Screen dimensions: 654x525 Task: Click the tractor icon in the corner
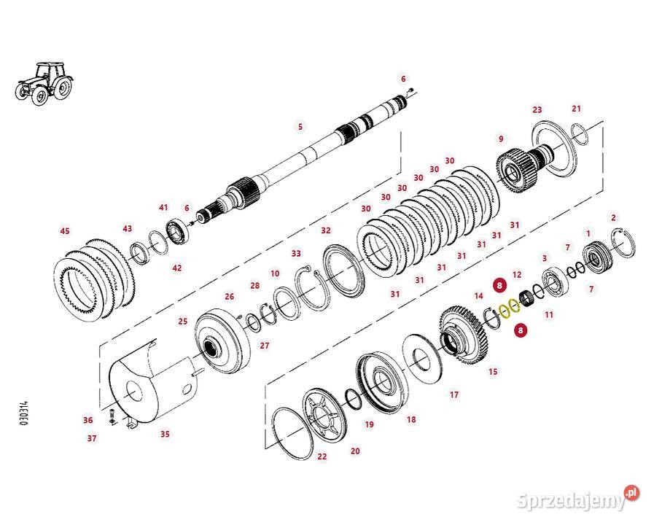pos(44,84)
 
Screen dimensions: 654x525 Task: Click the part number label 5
pos(300,126)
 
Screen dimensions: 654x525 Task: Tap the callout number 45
pos(65,230)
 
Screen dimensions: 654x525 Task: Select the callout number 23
pos(537,109)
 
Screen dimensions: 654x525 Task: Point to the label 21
pos(576,109)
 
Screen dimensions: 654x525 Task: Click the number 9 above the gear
pos(501,139)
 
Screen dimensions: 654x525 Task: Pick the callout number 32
pos(326,230)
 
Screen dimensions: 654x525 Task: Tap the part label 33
pos(296,254)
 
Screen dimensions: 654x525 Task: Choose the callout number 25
pos(183,321)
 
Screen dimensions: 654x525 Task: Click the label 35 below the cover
pos(166,434)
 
